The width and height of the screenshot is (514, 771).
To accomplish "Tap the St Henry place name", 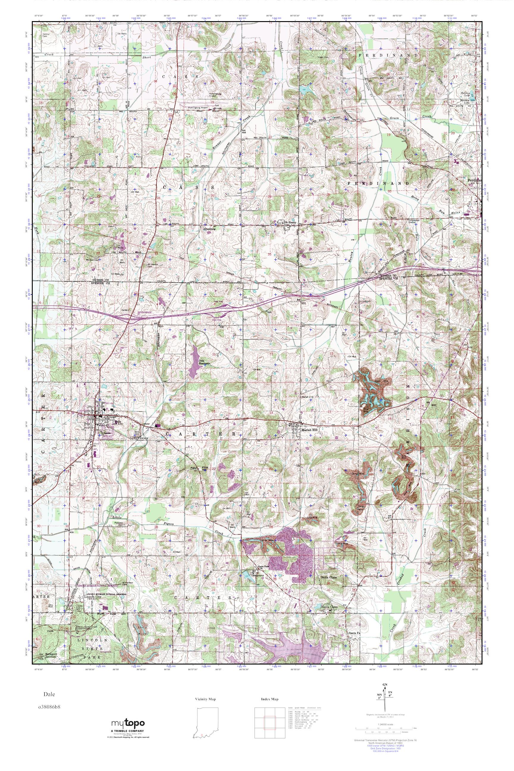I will tap(290, 222).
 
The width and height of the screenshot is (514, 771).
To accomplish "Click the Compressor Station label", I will tap(414, 221).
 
